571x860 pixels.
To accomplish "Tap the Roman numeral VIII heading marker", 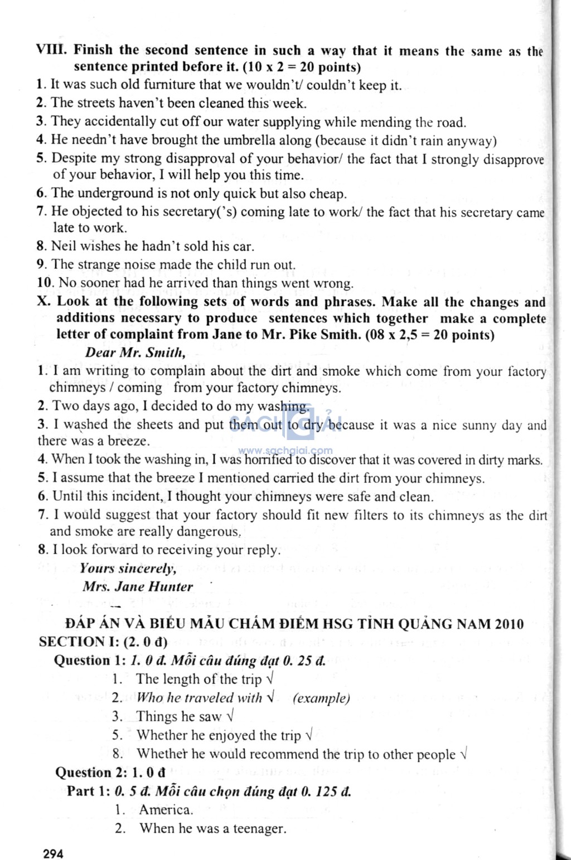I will (51, 50).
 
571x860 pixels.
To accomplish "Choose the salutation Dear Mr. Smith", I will (135, 353).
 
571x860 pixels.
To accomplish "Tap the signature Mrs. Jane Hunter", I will (137, 587).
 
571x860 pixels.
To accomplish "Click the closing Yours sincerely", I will (128, 569).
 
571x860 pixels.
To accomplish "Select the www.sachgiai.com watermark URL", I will (285, 451).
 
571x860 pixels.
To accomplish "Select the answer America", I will (166, 810).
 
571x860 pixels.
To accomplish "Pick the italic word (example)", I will (321, 698).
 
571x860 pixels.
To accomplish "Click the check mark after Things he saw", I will (230, 716).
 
